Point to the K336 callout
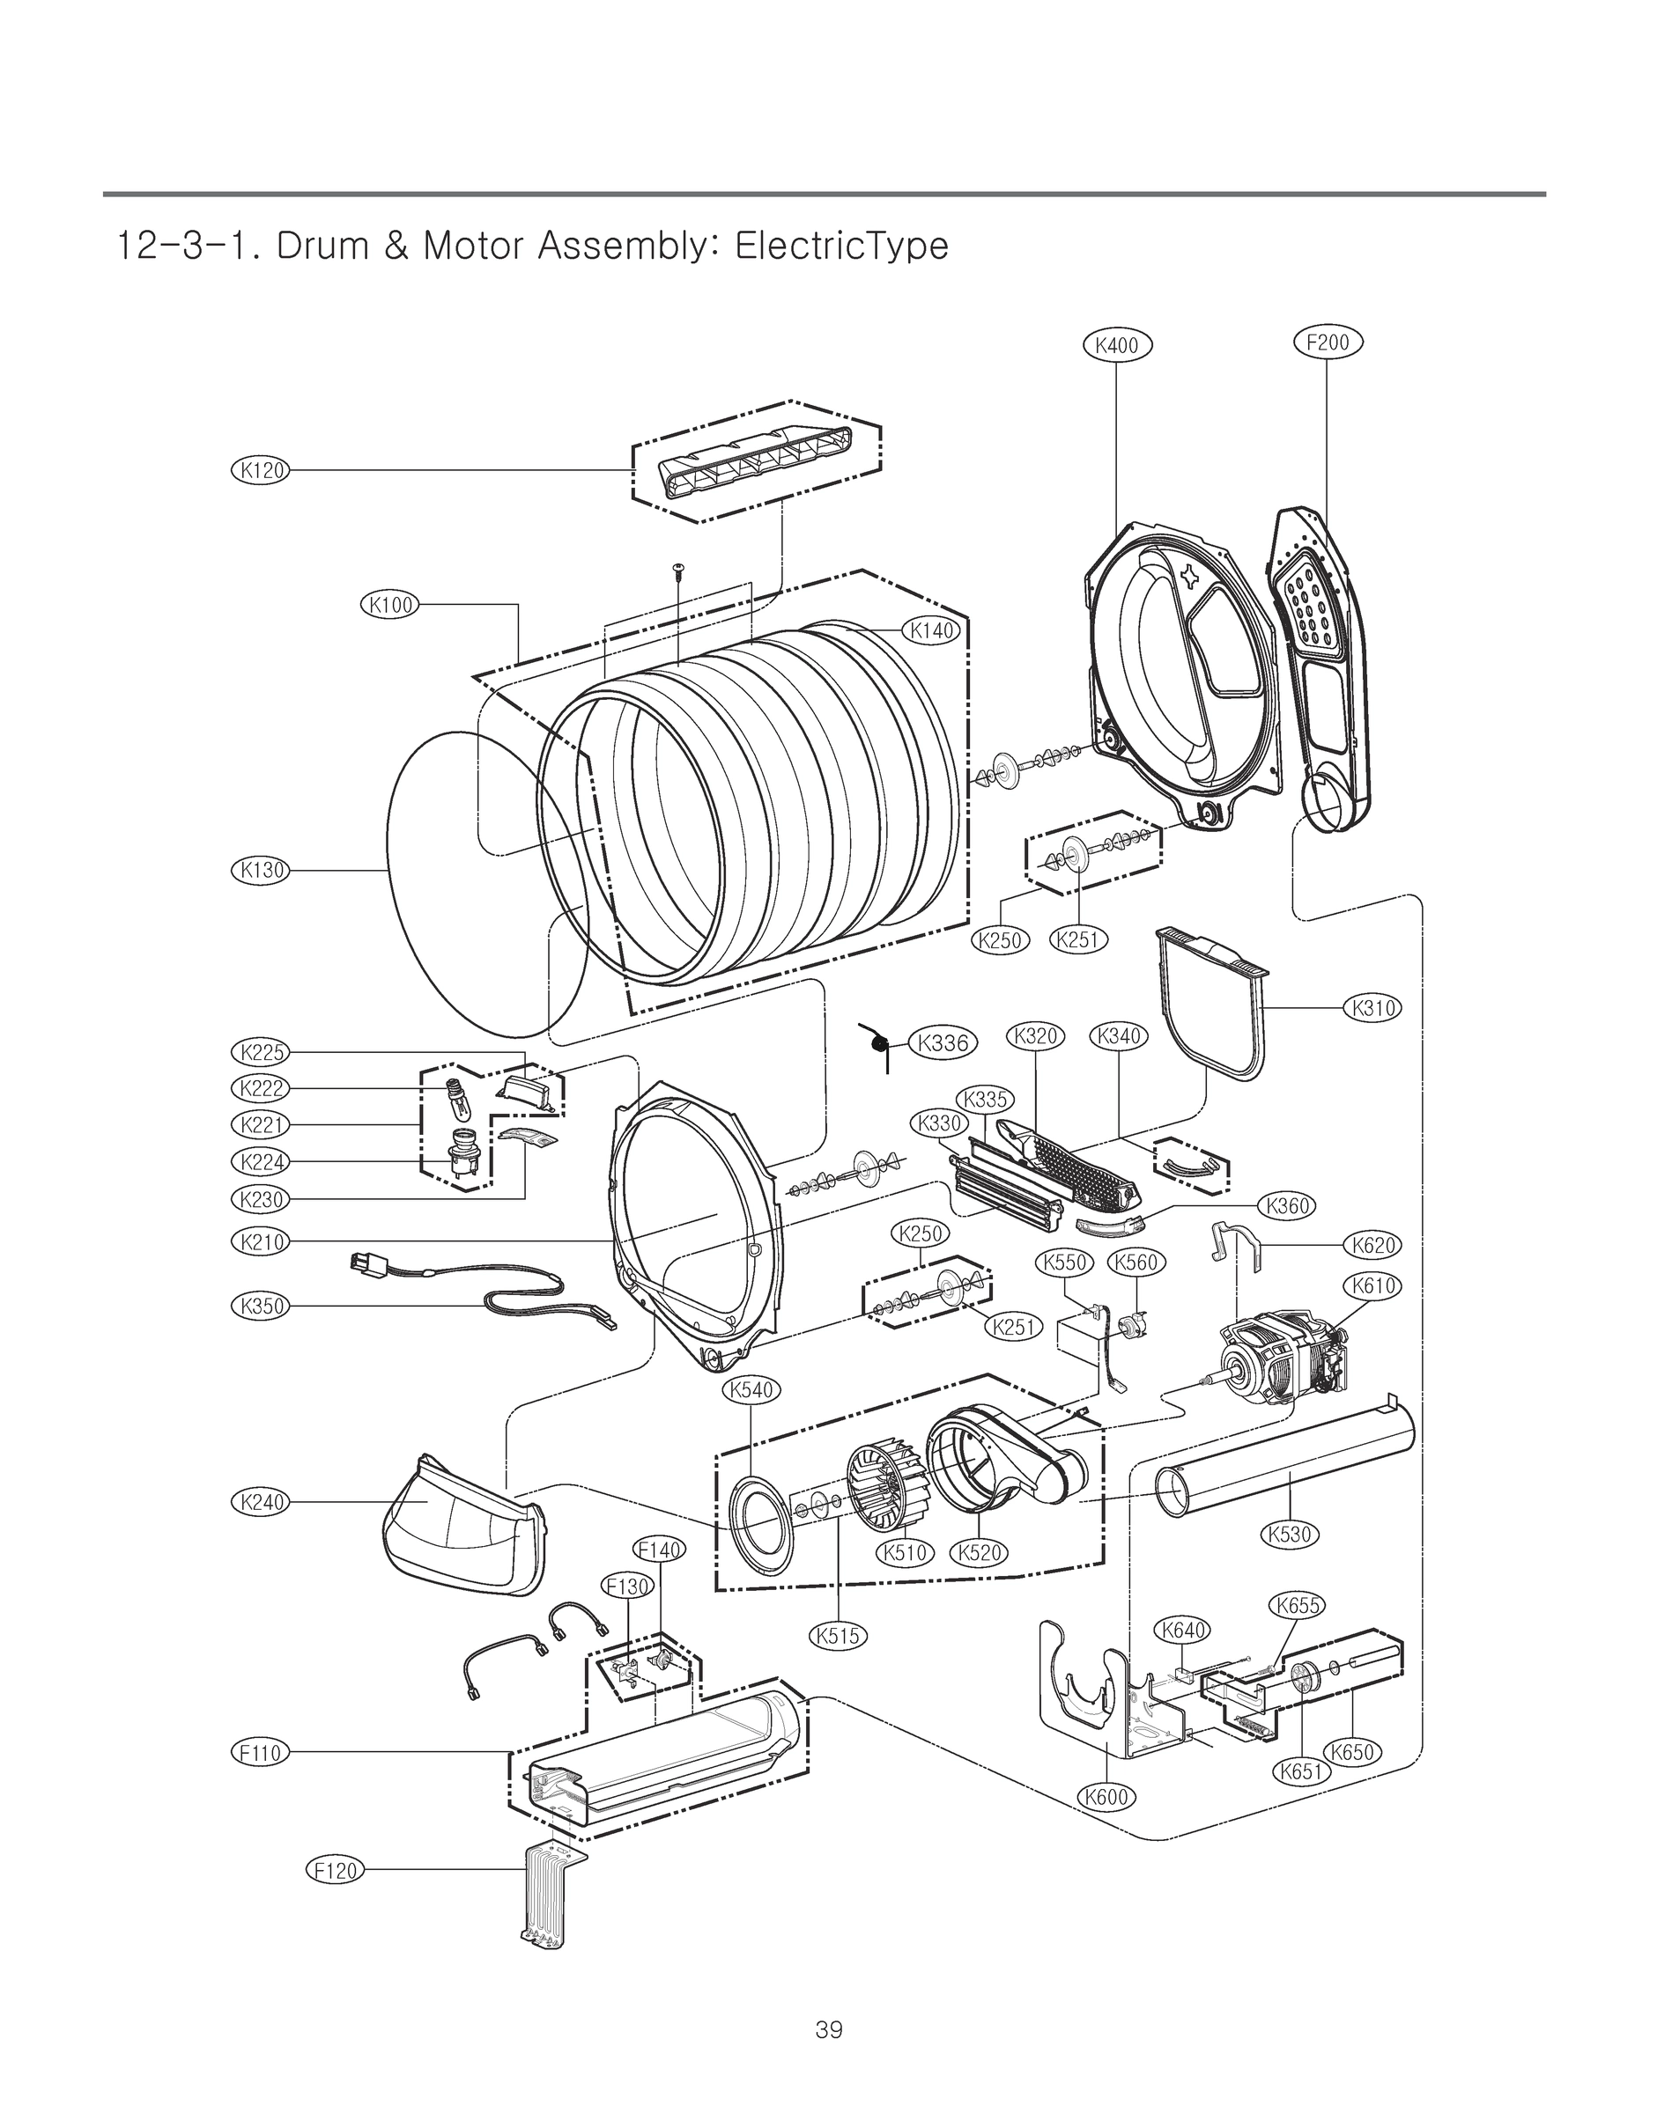[942, 1042]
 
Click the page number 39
[828, 2029]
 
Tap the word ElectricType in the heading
[841, 247]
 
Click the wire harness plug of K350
[366, 1264]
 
